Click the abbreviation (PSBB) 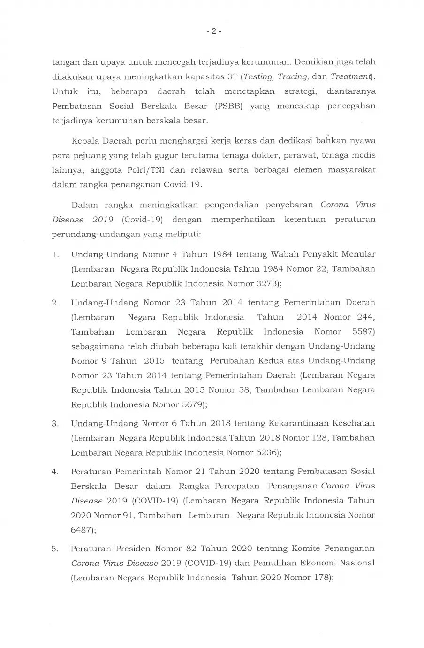[x=228, y=106]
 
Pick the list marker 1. [x=55, y=254]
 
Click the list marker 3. [x=55, y=423]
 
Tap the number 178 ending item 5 [x=320, y=577]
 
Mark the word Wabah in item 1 [x=283, y=254]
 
